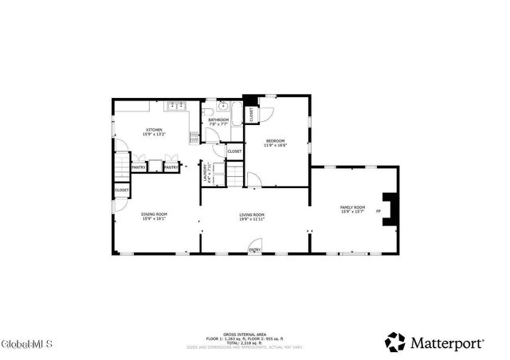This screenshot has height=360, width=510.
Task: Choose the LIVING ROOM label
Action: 253,216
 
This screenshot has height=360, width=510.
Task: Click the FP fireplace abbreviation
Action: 379,211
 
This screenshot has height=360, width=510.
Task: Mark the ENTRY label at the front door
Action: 254,250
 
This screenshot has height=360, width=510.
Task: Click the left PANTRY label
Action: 138,167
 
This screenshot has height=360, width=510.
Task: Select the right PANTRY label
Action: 171,167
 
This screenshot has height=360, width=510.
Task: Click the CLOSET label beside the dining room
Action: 122,190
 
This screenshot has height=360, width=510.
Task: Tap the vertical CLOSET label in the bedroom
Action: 251,115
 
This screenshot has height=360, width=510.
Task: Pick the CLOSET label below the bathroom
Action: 234,151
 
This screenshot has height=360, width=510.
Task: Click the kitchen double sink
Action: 176,104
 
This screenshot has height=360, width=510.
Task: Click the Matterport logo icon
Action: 395,342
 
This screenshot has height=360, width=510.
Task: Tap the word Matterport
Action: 447,342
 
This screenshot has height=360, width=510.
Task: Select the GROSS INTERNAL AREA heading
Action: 245,334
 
